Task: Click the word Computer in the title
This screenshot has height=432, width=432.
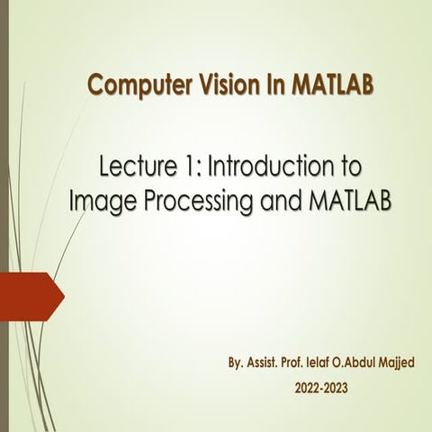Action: (x=132, y=86)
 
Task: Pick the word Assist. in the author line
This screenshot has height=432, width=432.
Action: (x=270, y=366)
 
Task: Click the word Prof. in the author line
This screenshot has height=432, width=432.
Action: (x=309, y=366)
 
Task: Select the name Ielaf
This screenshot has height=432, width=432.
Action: (x=341, y=366)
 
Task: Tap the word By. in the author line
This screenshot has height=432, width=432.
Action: (x=238, y=367)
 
